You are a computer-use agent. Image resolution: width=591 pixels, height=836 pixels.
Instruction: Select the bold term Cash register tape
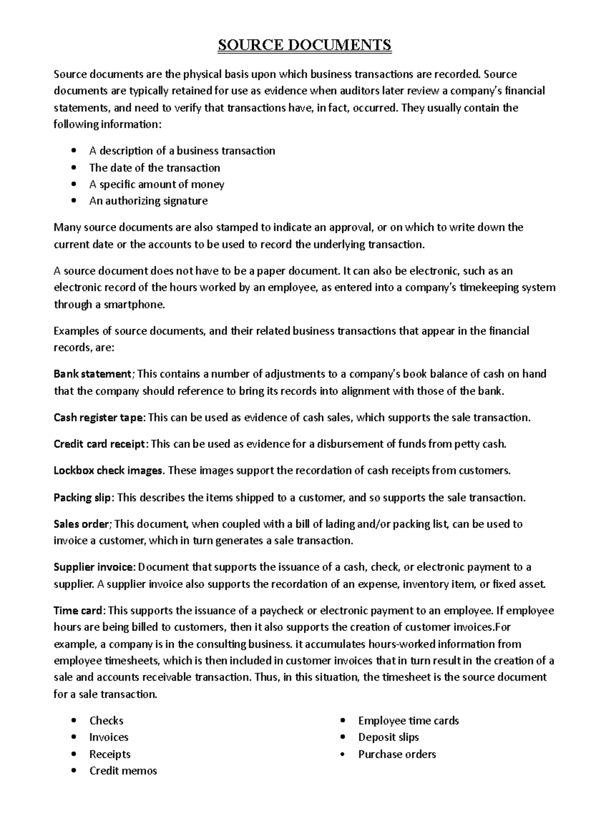[99, 418]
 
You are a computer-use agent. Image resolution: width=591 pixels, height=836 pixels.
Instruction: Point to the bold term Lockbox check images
[108, 471]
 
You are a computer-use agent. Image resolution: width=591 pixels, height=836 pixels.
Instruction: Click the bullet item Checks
[106, 721]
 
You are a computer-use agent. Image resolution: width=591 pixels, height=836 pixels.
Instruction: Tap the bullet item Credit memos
[123, 771]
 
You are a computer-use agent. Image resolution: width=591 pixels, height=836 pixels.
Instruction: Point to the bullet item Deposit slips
[389, 738]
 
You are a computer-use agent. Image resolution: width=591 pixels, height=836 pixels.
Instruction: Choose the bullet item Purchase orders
[397, 754]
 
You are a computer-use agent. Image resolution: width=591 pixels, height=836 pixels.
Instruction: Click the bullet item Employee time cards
[409, 721]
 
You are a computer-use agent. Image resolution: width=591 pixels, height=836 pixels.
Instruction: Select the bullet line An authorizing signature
[148, 201]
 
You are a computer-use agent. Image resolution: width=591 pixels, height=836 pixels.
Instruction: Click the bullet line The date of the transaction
[155, 168]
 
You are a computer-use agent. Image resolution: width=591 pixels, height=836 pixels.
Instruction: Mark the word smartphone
[132, 305]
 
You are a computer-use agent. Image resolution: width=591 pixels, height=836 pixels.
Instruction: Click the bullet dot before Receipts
[74, 754]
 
